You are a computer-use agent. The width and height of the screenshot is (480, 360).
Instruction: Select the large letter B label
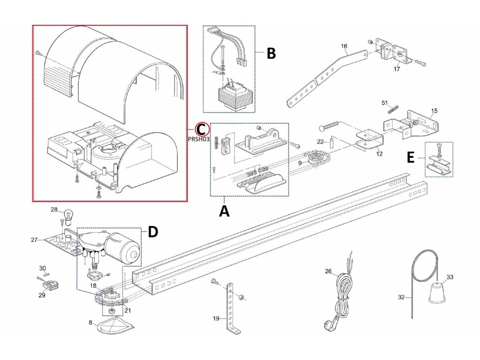pos(271,53)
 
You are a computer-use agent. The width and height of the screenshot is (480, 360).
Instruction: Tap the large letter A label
pos(225,211)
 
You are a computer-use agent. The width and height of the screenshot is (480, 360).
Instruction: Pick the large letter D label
pos(153,232)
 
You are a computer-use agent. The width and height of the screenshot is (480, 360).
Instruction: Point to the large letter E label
pos(411,157)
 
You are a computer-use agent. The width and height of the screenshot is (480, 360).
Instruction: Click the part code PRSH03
pos(199,139)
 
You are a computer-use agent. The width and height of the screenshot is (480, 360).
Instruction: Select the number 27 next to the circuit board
pos(34,240)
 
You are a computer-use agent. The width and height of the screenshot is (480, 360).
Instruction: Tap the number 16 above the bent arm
pos(344,46)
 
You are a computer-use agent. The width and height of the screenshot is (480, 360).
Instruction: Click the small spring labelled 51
pos(394,108)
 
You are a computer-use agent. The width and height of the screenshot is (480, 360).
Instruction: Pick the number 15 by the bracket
pos(434,111)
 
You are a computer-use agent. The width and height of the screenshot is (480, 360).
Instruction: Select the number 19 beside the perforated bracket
pos(216,318)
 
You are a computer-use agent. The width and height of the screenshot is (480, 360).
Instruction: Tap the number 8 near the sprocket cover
pos(90,322)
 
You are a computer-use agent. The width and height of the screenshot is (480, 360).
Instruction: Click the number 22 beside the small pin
pos(320,142)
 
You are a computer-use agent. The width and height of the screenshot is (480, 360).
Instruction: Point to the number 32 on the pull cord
pos(401,297)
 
